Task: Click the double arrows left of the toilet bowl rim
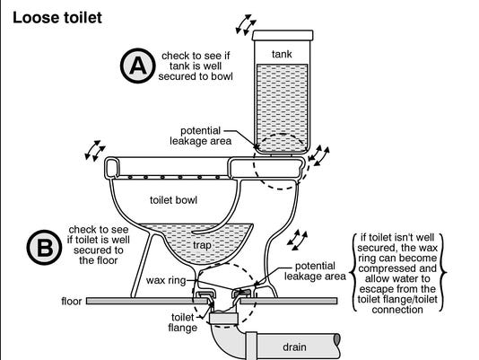[93, 149]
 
